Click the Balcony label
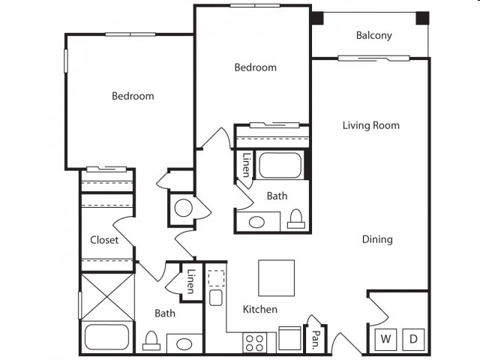(x=373, y=35)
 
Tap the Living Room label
(x=371, y=125)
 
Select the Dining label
(x=377, y=239)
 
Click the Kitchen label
(x=260, y=309)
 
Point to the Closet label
(x=104, y=240)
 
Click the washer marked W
(x=385, y=339)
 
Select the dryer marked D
(x=413, y=339)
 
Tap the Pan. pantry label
(x=315, y=340)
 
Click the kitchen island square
(x=277, y=278)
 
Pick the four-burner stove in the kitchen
(x=255, y=343)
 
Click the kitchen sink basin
(x=216, y=298)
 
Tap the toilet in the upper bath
(x=296, y=219)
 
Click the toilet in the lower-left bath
(x=151, y=340)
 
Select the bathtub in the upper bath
(x=280, y=165)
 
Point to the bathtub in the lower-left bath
(x=106, y=337)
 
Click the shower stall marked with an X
(x=106, y=297)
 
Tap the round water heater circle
(x=183, y=208)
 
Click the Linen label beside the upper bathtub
(x=247, y=165)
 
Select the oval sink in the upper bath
(x=256, y=222)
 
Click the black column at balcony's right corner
(x=422, y=18)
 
